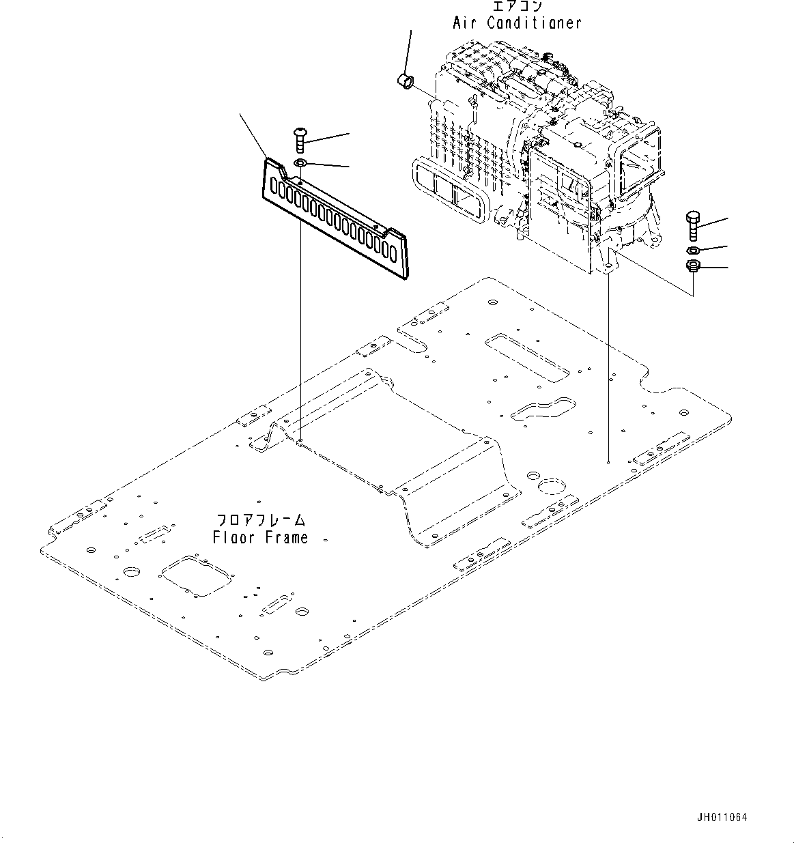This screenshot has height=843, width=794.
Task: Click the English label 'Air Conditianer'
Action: pos(517,23)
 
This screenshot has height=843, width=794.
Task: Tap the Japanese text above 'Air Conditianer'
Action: pos(517,6)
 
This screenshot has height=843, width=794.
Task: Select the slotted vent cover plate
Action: pos(335,218)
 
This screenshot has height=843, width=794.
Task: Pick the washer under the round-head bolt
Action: pos(300,163)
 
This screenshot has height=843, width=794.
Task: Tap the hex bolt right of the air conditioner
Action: pos(692,225)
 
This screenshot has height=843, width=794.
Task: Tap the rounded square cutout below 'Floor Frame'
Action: pos(195,577)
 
